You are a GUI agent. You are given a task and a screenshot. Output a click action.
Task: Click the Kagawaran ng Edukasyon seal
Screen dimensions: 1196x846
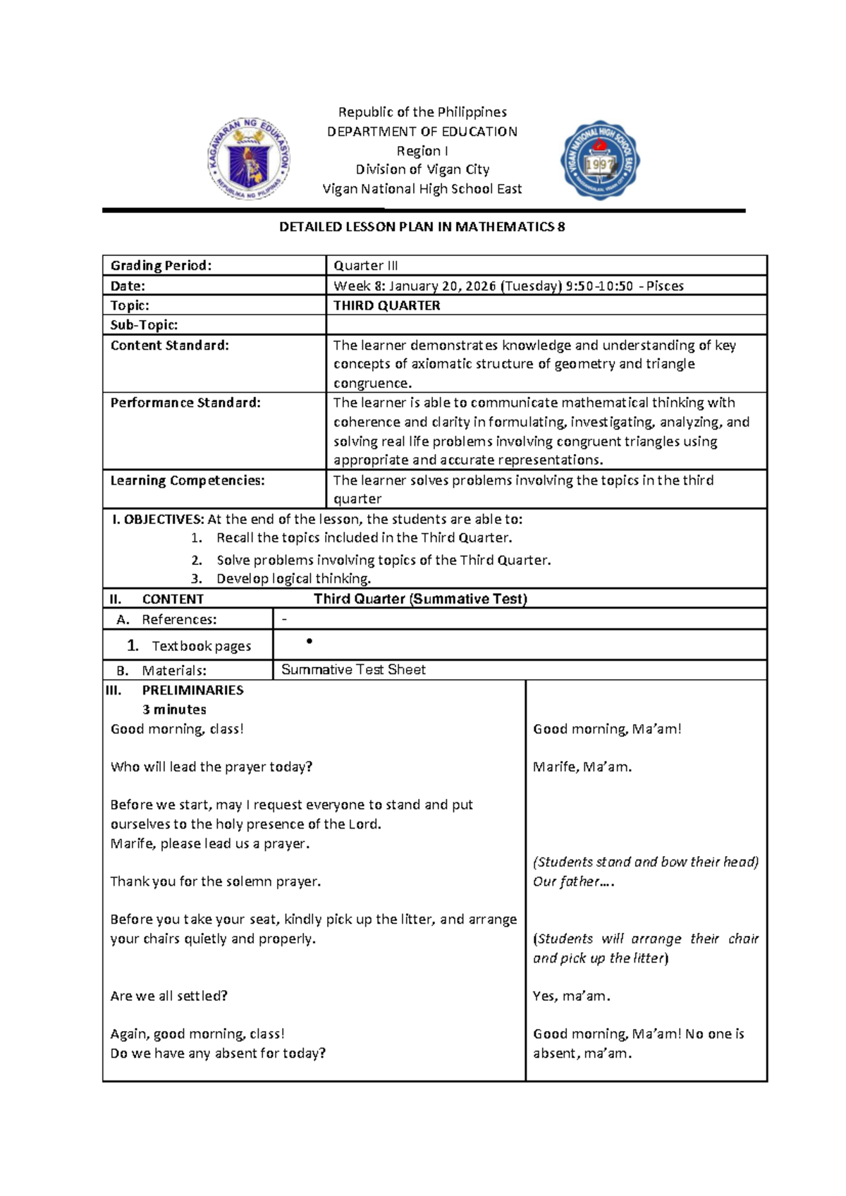[248, 159]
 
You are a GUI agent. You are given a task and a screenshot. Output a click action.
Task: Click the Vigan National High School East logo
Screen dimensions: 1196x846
[600, 160]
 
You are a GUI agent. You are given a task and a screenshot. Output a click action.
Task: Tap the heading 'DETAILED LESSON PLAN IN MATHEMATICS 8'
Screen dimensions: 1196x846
[422, 227]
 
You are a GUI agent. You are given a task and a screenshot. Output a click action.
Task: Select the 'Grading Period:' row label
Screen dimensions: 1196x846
[161, 266]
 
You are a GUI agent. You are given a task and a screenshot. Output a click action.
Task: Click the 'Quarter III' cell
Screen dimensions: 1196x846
[365, 266]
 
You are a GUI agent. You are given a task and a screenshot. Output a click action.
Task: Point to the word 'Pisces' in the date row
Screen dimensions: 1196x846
[665, 286]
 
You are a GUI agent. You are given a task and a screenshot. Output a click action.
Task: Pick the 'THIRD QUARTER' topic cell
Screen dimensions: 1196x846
[386, 305]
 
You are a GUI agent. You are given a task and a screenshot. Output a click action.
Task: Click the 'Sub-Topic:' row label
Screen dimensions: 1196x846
[144, 325]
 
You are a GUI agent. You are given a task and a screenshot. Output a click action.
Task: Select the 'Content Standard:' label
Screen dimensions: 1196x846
[169, 346]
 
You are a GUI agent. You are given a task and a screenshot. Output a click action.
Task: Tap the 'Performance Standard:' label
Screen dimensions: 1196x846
[185, 403]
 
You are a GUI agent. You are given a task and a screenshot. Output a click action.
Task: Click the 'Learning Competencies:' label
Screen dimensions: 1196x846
[188, 480]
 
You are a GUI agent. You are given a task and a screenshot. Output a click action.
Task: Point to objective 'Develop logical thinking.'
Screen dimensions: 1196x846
[293, 579]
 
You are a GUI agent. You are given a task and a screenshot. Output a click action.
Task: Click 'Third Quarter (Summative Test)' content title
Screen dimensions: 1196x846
[420, 599]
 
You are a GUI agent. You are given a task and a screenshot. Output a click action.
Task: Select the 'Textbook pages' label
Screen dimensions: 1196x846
[201, 646]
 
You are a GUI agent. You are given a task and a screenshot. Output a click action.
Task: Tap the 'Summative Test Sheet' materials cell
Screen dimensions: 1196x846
[353, 670]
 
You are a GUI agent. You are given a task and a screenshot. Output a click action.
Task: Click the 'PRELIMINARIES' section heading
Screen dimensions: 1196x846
[192, 690]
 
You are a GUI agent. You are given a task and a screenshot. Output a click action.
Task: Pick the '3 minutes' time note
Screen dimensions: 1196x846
[174, 709]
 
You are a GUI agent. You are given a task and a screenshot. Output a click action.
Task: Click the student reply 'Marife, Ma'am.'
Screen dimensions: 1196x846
[582, 767]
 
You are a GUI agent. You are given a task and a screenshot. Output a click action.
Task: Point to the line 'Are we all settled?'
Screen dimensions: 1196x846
[169, 996]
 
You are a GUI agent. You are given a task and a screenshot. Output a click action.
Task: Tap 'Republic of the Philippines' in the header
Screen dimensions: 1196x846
[422, 112]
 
